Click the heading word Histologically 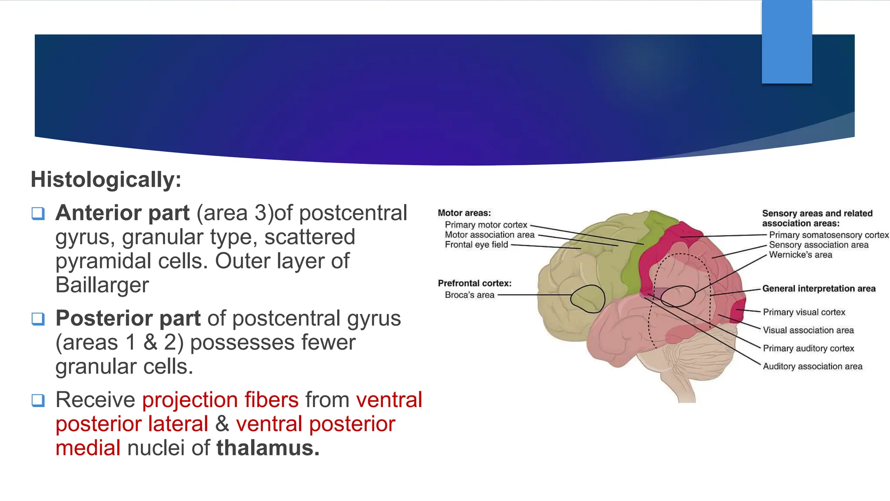(106, 180)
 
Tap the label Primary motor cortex (486, 225)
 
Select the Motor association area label (489, 235)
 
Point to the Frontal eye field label (476, 245)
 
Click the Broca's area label (469, 295)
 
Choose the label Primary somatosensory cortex (829, 235)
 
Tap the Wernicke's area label (800, 255)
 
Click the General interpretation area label (819, 289)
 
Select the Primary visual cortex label (804, 312)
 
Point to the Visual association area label (808, 330)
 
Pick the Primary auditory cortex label (808, 348)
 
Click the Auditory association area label (813, 367)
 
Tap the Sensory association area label (819, 245)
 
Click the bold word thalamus (268, 448)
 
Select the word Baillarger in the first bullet (102, 285)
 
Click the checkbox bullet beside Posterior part (38, 319)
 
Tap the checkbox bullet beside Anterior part (38, 214)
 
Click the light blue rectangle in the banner (787, 42)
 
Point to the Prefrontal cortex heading (475, 284)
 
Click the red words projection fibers (220, 400)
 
